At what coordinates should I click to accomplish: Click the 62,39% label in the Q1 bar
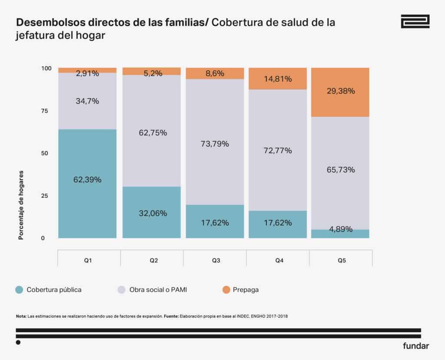click(x=87, y=180)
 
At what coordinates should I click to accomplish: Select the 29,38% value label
click(x=340, y=91)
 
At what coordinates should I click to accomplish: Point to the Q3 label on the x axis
click(x=216, y=260)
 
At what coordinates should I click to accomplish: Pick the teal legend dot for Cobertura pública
click(x=19, y=290)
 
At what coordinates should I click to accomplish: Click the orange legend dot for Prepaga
click(x=226, y=290)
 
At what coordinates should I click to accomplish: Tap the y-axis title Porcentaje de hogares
click(x=21, y=205)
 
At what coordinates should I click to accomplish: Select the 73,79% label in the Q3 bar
click(x=214, y=144)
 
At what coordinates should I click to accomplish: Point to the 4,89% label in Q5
click(x=340, y=229)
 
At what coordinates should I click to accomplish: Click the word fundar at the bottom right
click(x=416, y=346)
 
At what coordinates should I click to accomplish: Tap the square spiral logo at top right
click(x=415, y=21)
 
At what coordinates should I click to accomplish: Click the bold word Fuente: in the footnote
click(x=171, y=316)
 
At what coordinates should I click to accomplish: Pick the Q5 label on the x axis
click(x=341, y=260)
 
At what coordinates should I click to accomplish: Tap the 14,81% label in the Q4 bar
click(x=277, y=79)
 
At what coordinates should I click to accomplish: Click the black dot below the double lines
click(x=18, y=343)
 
